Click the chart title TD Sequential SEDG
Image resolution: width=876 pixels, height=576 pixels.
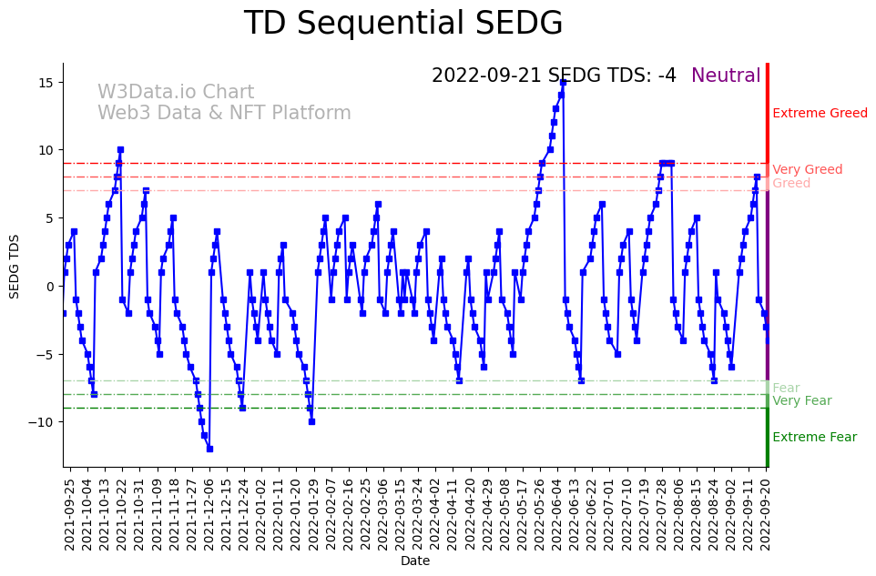click(x=403, y=24)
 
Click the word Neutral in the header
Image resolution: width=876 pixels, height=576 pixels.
click(x=726, y=76)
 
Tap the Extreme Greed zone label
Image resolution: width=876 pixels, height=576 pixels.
click(x=820, y=114)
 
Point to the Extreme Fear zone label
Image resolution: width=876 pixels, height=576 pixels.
click(x=814, y=438)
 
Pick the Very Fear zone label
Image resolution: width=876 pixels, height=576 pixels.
click(x=801, y=401)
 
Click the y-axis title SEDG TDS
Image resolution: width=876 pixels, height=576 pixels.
click(x=15, y=266)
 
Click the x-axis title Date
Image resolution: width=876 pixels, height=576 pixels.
click(x=415, y=561)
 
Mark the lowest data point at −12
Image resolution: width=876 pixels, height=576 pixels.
click(x=209, y=449)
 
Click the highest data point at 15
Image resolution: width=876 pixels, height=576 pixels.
click(x=563, y=82)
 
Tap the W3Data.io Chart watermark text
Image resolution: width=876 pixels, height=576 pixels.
click(x=176, y=93)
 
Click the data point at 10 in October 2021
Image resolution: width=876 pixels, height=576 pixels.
click(x=120, y=149)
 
